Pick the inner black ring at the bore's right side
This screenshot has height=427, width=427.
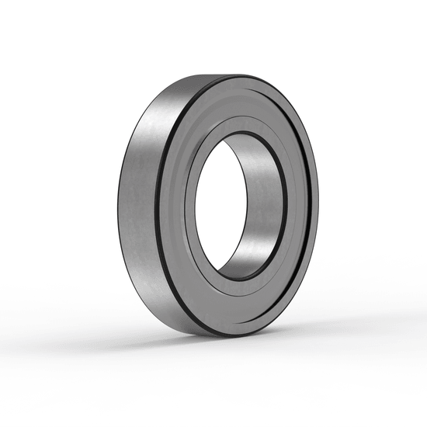point(284,210)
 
